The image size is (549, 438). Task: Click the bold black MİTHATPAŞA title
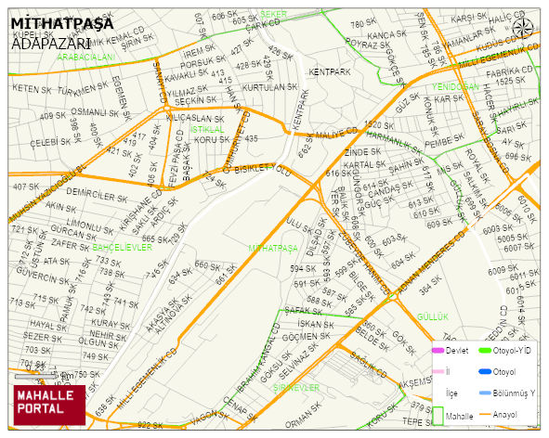click(x=62, y=22)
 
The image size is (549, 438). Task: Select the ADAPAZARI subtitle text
click(x=50, y=43)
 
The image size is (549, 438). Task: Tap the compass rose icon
click(x=524, y=28)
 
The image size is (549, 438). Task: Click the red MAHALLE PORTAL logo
click(x=48, y=403)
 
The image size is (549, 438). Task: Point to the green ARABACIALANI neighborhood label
click(x=85, y=57)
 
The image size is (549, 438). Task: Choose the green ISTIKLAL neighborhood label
click(x=206, y=129)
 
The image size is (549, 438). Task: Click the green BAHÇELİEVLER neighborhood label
click(x=122, y=248)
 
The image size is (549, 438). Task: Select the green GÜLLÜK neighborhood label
click(x=433, y=316)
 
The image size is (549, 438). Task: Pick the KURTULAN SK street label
click(x=268, y=87)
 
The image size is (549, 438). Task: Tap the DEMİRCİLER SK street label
click(x=97, y=197)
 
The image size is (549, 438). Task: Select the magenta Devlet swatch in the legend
click(x=438, y=350)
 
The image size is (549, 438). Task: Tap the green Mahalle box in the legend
click(x=438, y=416)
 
